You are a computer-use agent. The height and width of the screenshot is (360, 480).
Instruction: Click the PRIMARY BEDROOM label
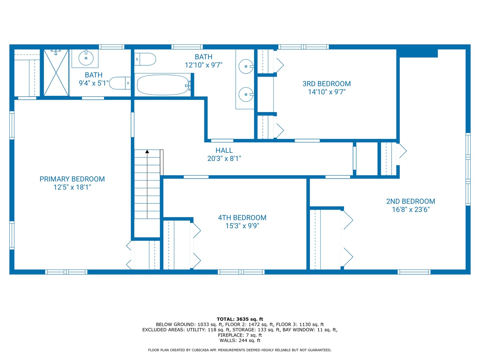click(72, 179)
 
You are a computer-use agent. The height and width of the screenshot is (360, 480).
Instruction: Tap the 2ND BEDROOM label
click(410, 201)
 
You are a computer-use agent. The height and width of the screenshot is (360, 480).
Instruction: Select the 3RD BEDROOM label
click(326, 84)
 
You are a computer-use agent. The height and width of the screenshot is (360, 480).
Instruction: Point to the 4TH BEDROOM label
click(242, 218)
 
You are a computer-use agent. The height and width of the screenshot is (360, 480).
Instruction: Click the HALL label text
click(224, 150)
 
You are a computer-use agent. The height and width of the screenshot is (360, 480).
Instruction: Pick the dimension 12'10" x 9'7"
click(203, 65)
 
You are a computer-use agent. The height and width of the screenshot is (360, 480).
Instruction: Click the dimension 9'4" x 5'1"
click(94, 83)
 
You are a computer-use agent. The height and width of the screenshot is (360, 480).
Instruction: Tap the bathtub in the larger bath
click(163, 85)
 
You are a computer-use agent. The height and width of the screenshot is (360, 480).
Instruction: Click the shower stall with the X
click(56, 73)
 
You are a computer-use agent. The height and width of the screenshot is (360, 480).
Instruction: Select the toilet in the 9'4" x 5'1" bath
click(120, 83)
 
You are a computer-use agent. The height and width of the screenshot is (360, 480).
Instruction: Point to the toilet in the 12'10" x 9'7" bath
click(145, 59)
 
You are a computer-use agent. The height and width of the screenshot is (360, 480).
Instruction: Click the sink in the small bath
click(86, 58)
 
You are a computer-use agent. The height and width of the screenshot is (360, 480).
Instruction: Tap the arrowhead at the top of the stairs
click(147, 151)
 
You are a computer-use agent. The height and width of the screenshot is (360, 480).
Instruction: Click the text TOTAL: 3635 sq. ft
click(240, 319)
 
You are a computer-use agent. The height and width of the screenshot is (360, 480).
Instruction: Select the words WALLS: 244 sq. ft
click(240, 340)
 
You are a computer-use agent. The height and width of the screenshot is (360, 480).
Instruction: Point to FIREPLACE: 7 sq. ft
click(240, 335)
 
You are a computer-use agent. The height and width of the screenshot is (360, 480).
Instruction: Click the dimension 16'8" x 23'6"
click(410, 210)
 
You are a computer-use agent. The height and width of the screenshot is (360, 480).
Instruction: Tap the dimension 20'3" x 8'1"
click(224, 158)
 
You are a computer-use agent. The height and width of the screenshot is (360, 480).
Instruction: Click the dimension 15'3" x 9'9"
click(242, 226)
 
